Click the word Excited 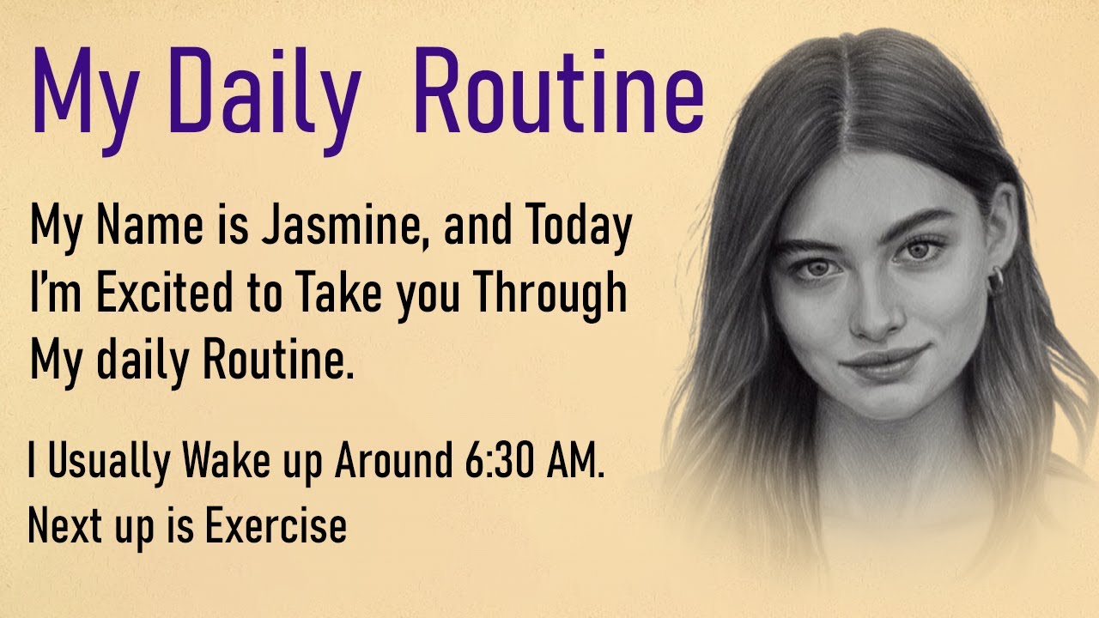pos(163,294)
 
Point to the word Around pos(391,463)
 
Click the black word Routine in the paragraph pos(277,361)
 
